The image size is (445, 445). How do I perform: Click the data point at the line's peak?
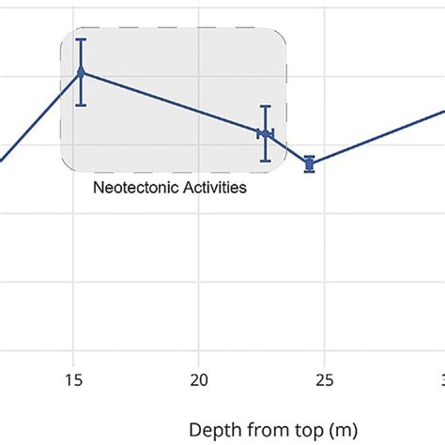click(x=81, y=72)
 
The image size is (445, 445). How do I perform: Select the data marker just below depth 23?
click(x=266, y=134)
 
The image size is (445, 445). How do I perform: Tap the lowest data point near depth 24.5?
click(x=309, y=164)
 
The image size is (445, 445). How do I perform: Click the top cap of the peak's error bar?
click(x=81, y=39)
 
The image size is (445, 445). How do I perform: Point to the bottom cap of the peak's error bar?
click(x=81, y=104)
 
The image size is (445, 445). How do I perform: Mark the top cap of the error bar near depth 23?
click(x=266, y=106)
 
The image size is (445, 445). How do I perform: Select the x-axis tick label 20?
click(x=198, y=380)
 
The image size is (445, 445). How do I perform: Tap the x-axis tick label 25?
click(x=323, y=380)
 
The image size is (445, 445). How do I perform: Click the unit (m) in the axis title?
click(x=342, y=429)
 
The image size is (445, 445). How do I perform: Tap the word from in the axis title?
click(x=262, y=429)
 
